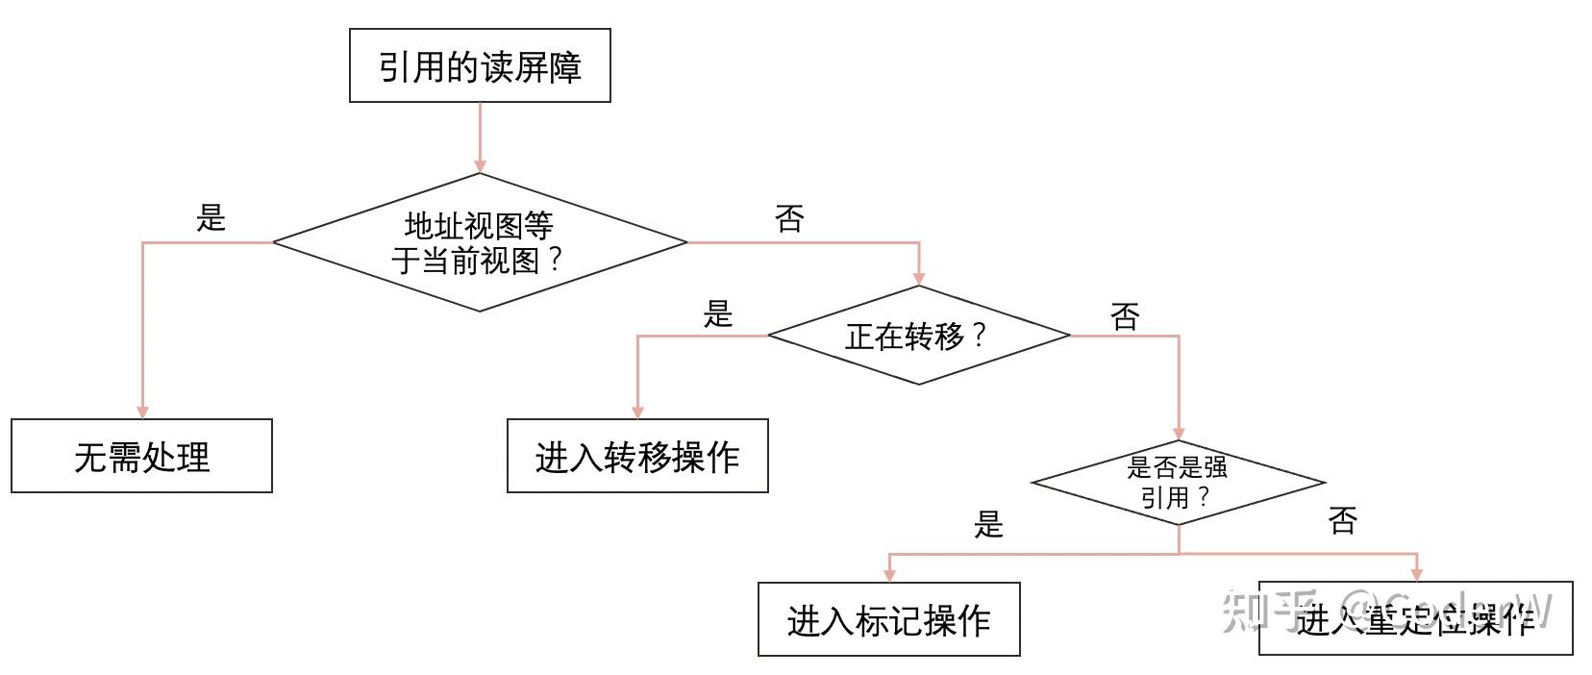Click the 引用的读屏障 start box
[x=480, y=65]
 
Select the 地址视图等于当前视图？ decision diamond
[x=480, y=242]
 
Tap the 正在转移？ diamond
[x=918, y=336]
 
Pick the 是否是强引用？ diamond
[x=1178, y=483]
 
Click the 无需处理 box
[x=141, y=456]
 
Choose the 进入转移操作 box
[x=637, y=456]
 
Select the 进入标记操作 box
[x=888, y=619]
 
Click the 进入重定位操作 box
[x=1415, y=620]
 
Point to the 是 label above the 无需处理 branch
[x=211, y=218]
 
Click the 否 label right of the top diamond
[x=789, y=219]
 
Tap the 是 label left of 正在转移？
[x=718, y=313]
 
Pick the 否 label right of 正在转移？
[x=1125, y=315]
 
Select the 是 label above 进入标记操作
[x=988, y=524]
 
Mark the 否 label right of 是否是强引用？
[x=1342, y=521]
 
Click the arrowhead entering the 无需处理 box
[x=142, y=412]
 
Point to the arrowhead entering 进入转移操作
[x=637, y=412]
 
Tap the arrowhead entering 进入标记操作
[x=889, y=575]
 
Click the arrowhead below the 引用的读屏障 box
[x=480, y=165]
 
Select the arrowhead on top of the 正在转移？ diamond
[x=919, y=278]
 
